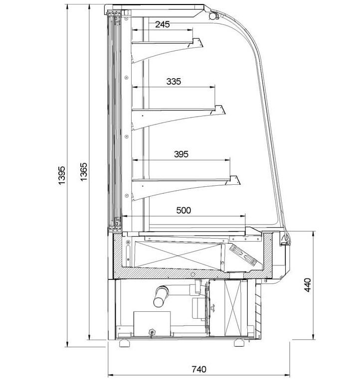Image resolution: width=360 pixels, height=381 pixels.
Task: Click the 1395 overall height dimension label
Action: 61,175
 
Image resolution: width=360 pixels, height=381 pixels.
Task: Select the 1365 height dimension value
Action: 83,172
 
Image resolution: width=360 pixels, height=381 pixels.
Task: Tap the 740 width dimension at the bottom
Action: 199,370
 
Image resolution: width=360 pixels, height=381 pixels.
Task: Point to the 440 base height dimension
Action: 308,285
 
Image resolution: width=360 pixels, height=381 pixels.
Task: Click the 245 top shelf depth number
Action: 162,24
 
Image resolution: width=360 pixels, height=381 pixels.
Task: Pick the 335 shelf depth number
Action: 174,81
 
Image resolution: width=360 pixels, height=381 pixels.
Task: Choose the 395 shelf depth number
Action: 181,154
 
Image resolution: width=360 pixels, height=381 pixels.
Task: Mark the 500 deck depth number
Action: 183,210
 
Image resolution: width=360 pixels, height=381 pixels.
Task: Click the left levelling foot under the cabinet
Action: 124,343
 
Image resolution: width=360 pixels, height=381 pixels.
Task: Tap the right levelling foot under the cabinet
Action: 239,343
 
